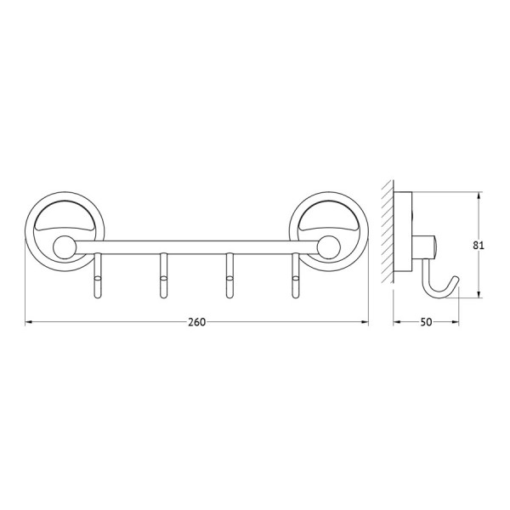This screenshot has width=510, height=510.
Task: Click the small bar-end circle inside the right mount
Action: pyautogui.click(x=329, y=248)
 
